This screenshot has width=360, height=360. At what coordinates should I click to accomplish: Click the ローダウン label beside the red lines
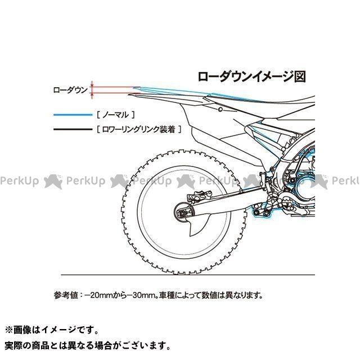click(70, 89)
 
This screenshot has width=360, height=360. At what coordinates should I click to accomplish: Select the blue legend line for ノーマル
click(72, 114)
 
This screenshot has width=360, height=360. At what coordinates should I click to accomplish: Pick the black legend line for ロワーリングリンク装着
click(72, 129)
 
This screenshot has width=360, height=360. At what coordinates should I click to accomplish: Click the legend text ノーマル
click(115, 114)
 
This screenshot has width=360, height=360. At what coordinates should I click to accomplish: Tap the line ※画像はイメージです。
click(51, 330)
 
